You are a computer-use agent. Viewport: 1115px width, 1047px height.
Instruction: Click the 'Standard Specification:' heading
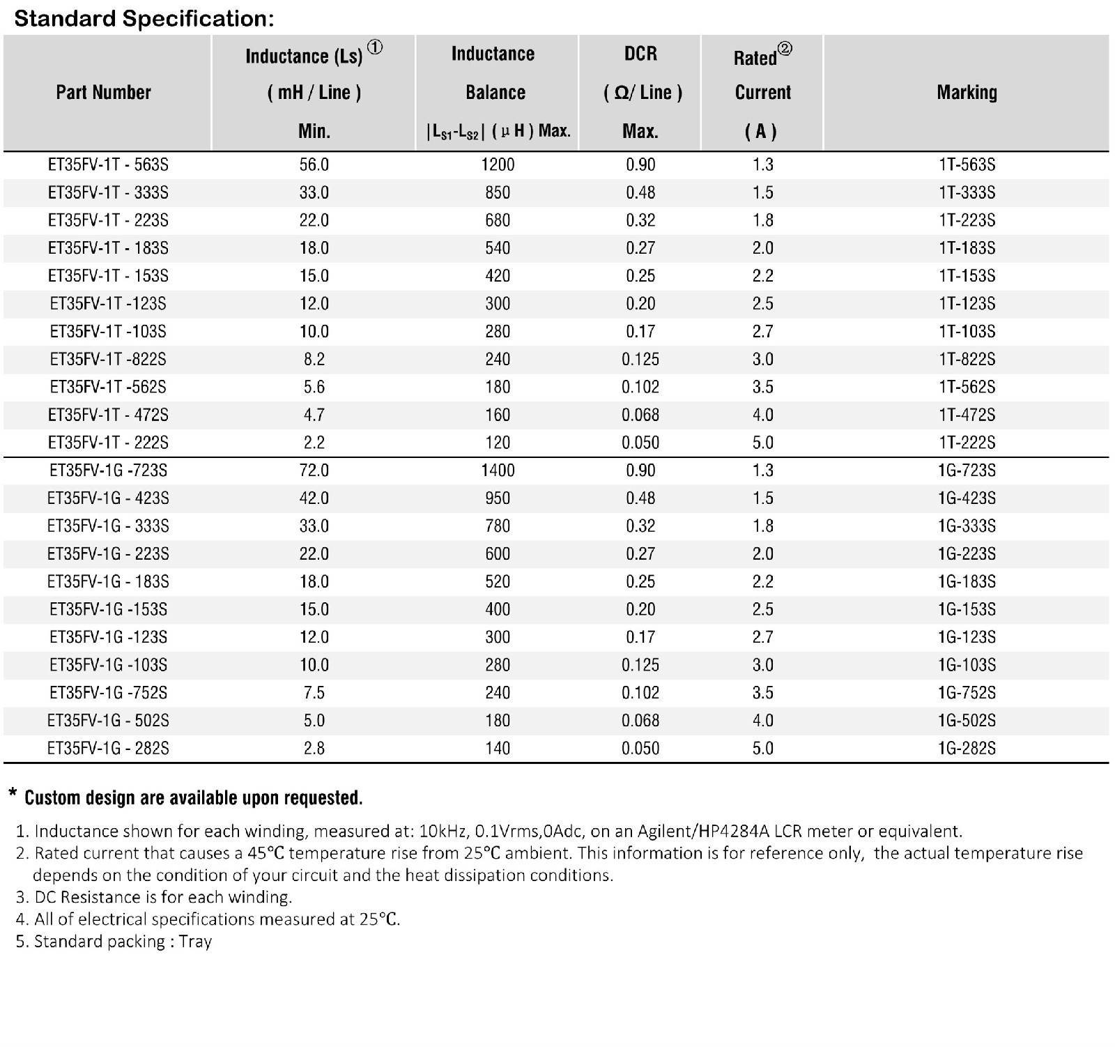pos(144,19)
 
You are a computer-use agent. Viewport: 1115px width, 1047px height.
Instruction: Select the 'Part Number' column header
pos(103,92)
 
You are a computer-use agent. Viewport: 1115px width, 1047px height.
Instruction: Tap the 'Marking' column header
pos(967,92)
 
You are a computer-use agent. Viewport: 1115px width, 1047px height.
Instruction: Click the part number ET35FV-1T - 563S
pos(108,165)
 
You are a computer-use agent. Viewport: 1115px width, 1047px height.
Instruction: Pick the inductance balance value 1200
pos(498,165)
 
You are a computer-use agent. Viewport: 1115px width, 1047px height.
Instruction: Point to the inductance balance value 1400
pos(498,471)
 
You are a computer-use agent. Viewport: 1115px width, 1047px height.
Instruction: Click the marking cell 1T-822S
pos(967,359)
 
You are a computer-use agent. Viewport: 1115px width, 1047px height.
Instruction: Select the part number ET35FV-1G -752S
pos(108,693)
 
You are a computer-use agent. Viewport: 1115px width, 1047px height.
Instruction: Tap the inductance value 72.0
pos(314,471)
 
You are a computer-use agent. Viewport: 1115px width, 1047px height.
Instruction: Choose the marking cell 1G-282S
pos(967,749)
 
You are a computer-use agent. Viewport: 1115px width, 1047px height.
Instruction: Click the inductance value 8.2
pos(314,359)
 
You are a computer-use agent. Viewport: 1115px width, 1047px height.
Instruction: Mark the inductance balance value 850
pos(498,192)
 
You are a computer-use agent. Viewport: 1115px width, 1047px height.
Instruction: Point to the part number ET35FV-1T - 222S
pos(108,443)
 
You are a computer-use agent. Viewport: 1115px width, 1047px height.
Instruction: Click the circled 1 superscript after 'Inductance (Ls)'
pos(375,48)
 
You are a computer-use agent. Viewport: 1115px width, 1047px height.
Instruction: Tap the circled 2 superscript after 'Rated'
pos(785,49)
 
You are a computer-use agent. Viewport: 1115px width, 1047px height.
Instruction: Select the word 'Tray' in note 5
pos(195,942)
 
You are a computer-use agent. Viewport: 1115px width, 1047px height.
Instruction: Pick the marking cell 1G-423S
pos(967,498)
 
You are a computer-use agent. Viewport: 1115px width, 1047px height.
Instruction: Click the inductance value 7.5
pos(314,693)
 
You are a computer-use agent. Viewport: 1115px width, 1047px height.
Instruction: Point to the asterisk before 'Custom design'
pos(13,794)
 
